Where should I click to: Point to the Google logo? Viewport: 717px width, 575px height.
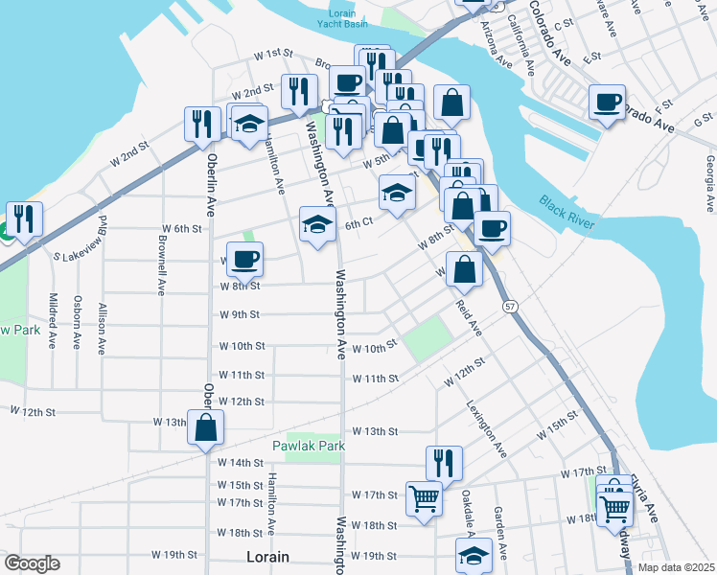(x=32, y=563)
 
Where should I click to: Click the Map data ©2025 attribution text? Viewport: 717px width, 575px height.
(x=675, y=567)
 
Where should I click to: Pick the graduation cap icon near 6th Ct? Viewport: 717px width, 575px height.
(x=317, y=224)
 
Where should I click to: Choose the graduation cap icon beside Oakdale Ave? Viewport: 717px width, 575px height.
(x=474, y=556)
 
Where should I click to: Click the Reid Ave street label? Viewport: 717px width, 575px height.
(x=469, y=316)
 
